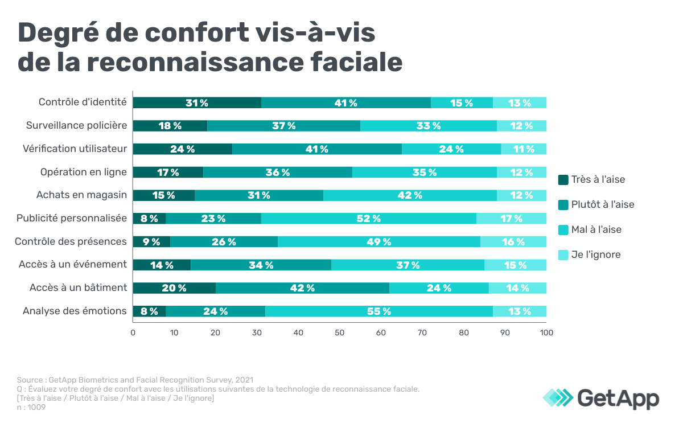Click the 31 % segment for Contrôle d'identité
(x=197, y=103)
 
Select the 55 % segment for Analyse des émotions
(x=379, y=311)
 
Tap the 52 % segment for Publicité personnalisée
(x=368, y=219)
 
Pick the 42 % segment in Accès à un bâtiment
(x=302, y=288)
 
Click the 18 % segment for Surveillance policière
(x=170, y=126)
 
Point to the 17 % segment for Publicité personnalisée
(x=511, y=219)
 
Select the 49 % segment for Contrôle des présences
(x=378, y=242)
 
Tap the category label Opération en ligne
(x=83, y=172)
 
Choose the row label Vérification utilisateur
(x=75, y=149)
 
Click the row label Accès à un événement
(x=72, y=264)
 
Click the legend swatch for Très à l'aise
(x=563, y=180)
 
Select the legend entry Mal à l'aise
(x=596, y=229)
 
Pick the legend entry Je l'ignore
(x=595, y=254)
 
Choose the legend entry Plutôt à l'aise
(x=602, y=204)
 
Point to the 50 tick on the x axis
(x=340, y=332)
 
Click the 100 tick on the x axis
(x=546, y=332)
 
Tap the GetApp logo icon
(x=558, y=397)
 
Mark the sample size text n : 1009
(x=31, y=407)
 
